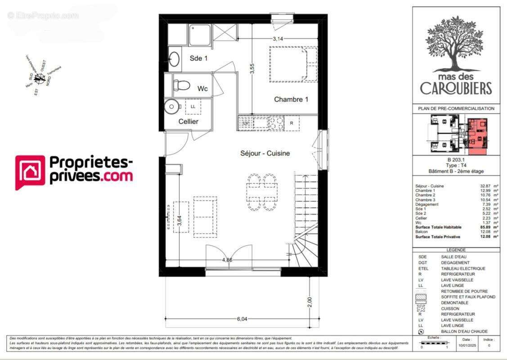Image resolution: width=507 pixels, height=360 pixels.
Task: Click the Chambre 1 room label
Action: [x=291, y=99]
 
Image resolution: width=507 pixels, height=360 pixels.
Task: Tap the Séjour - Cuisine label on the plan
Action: [x=265, y=153]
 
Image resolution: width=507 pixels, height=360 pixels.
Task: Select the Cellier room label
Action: [x=188, y=121]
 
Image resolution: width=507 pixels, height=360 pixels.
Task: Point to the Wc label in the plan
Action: [x=202, y=89]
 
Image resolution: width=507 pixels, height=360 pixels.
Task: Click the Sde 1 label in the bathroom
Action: [x=199, y=58]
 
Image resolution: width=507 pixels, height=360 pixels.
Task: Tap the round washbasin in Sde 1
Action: [x=174, y=58]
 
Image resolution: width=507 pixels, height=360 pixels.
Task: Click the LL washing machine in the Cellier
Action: [x=193, y=107]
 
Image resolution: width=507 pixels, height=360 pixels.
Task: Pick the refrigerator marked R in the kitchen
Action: [x=292, y=123]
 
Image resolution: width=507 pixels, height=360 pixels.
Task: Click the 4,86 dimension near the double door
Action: [x=227, y=260]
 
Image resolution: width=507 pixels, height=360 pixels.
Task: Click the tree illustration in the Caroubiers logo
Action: [x=456, y=45]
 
